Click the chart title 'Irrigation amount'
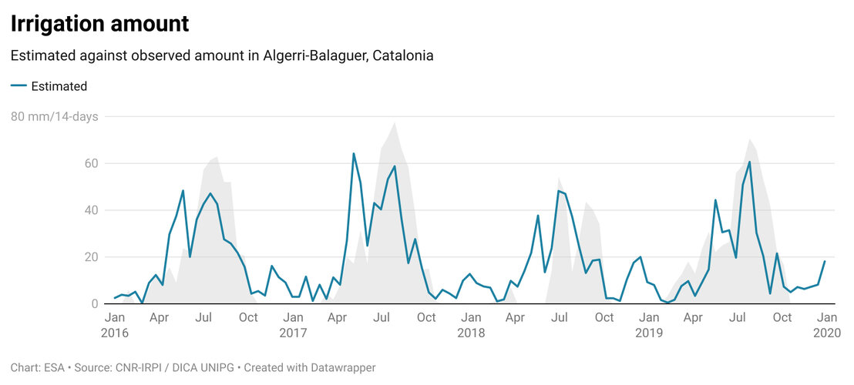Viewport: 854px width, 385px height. (x=99, y=24)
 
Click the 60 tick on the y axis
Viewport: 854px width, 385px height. (x=91, y=163)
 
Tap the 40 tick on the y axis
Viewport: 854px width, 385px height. (x=91, y=210)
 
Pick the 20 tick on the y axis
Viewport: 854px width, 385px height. (x=91, y=257)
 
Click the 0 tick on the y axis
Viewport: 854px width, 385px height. (x=95, y=304)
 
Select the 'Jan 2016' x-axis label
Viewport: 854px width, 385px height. (x=114, y=325)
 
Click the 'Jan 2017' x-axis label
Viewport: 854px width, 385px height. (x=293, y=325)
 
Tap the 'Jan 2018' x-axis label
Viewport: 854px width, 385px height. (x=471, y=325)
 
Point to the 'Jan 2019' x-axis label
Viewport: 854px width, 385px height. (x=649, y=325)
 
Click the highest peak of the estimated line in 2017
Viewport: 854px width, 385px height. (x=354, y=153)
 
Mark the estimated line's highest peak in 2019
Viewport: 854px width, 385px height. (x=749, y=162)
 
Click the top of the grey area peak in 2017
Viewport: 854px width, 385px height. (x=395, y=122)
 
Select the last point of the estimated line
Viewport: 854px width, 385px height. (x=825, y=261)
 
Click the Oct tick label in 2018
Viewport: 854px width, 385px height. (x=604, y=317)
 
